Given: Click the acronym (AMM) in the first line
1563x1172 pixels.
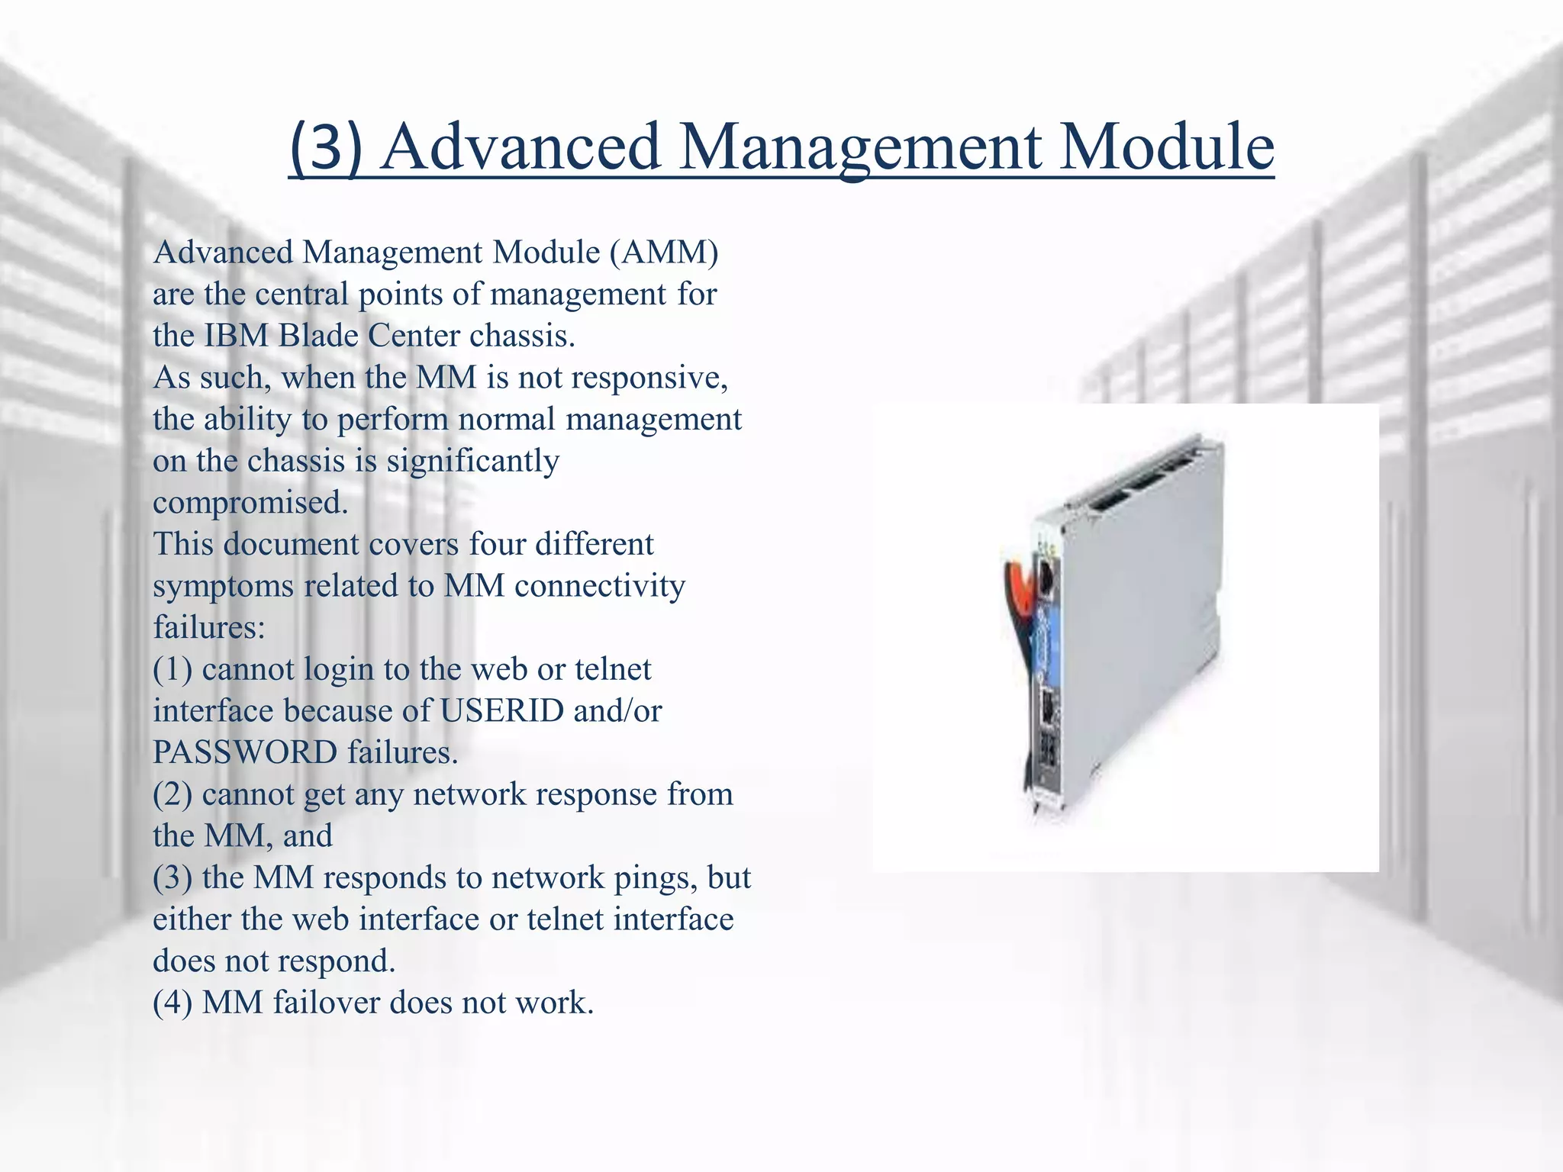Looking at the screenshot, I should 664,253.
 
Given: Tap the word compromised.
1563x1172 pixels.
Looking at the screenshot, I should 250,503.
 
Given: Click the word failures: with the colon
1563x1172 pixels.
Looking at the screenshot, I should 209,628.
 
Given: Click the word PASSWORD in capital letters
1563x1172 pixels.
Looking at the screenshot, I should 245,753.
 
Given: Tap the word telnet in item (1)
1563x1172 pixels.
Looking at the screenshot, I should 613,669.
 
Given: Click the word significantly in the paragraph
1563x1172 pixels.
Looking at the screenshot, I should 472,461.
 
